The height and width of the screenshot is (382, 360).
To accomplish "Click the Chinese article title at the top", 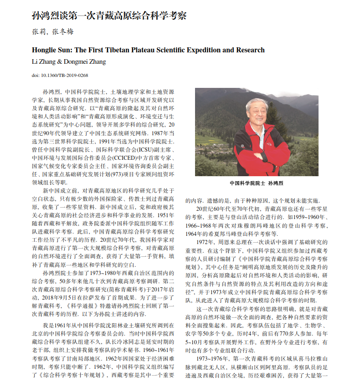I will [x=109, y=15].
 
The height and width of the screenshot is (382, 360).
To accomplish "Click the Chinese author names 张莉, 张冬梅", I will [x=52, y=31].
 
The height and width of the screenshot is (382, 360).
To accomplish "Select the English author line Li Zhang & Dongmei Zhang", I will [x=68, y=61].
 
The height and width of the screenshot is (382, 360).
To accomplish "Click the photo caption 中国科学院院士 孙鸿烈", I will [x=256, y=183].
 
